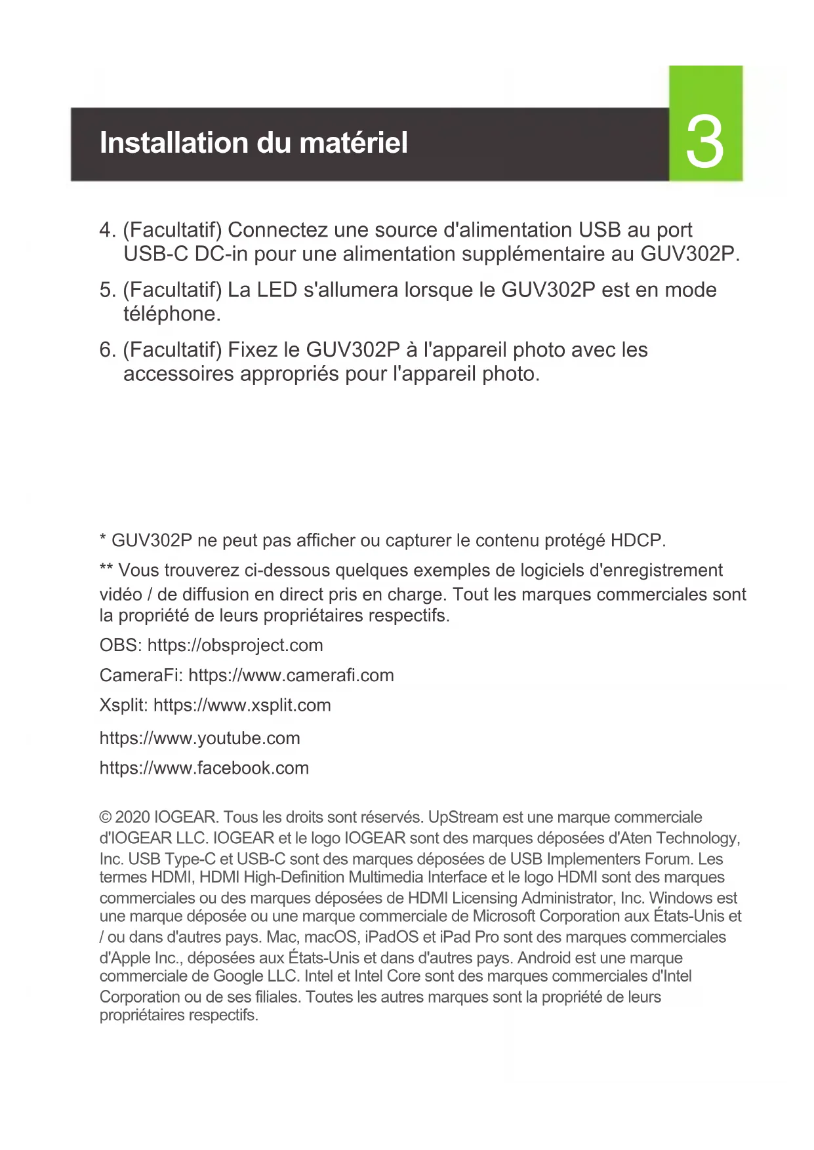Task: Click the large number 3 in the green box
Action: pos(705,143)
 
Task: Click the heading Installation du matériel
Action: pos(253,143)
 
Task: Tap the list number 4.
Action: pos(107,230)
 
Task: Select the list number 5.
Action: pos(107,290)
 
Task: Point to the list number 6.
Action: pos(107,350)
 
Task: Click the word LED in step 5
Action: pos(277,290)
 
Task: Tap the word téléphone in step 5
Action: pos(171,314)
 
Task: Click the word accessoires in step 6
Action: pos(178,374)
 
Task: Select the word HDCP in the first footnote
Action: pos(636,541)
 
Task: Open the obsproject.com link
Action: pos(235,645)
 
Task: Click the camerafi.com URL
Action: pos(291,675)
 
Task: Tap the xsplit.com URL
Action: pos(242,705)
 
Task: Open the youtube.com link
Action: pos(199,738)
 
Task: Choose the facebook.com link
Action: pos(204,768)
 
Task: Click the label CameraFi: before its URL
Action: pos(140,675)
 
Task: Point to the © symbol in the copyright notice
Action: pos(106,818)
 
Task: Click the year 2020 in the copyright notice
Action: pos(132,818)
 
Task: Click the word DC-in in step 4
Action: pos(221,254)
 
